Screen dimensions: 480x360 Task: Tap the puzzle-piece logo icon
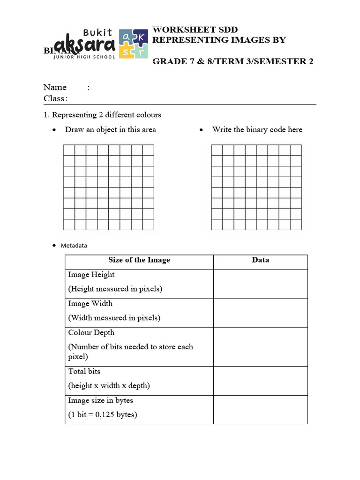pyautogui.click(x=133, y=44)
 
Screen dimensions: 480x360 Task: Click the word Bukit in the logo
pyautogui.click(x=98, y=33)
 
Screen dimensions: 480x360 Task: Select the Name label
pyautogui.click(x=55, y=87)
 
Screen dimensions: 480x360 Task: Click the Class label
pyautogui.click(x=54, y=98)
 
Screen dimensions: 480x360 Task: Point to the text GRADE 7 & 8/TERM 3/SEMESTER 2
pyautogui.click(x=233, y=62)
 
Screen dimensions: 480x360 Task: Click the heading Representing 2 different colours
pyautogui.click(x=106, y=115)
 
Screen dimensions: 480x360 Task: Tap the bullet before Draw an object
pyautogui.click(x=55, y=130)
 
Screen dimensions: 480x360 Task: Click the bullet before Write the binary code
pyautogui.click(x=202, y=130)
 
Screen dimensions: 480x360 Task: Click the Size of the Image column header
pyautogui.click(x=139, y=260)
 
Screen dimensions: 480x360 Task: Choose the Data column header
pyautogui.click(x=260, y=260)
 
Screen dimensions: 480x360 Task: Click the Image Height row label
pyautogui.click(x=91, y=275)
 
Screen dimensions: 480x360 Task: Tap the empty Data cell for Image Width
pyautogui.click(x=260, y=313)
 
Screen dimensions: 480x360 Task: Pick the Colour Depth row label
pyautogui.click(x=91, y=333)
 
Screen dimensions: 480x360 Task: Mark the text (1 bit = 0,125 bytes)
pyautogui.click(x=103, y=415)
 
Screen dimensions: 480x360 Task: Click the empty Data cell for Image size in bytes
pyautogui.click(x=260, y=410)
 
